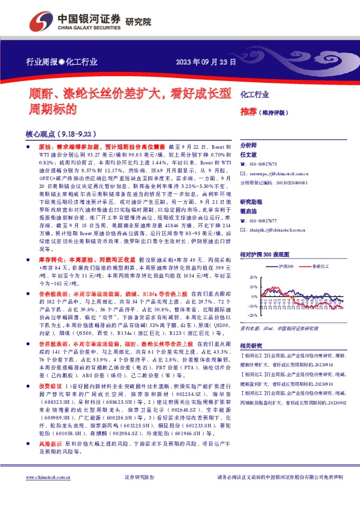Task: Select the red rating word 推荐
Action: pos(248,112)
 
